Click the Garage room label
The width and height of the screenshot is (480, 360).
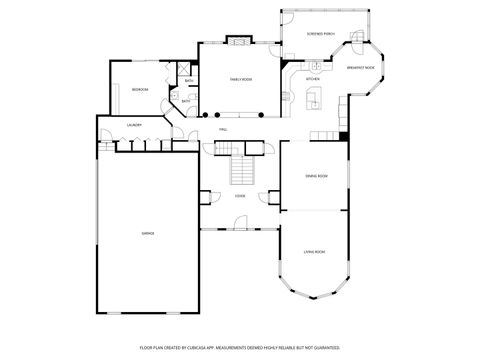point(147,233)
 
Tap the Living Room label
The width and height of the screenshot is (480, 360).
point(316,252)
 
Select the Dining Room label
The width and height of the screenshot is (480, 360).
point(317,176)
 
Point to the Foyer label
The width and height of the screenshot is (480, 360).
point(240,195)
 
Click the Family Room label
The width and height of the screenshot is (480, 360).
point(240,78)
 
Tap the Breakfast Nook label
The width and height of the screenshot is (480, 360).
point(361,68)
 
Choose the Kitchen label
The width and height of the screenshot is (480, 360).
point(312,78)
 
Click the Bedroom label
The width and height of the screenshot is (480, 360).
point(140,90)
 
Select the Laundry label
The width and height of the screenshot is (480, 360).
point(133,125)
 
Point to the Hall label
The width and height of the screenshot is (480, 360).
point(224,128)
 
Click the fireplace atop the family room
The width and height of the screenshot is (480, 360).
point(239,41)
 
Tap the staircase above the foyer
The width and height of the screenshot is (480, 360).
point(240,171)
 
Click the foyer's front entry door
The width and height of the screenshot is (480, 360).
point(240,229)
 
